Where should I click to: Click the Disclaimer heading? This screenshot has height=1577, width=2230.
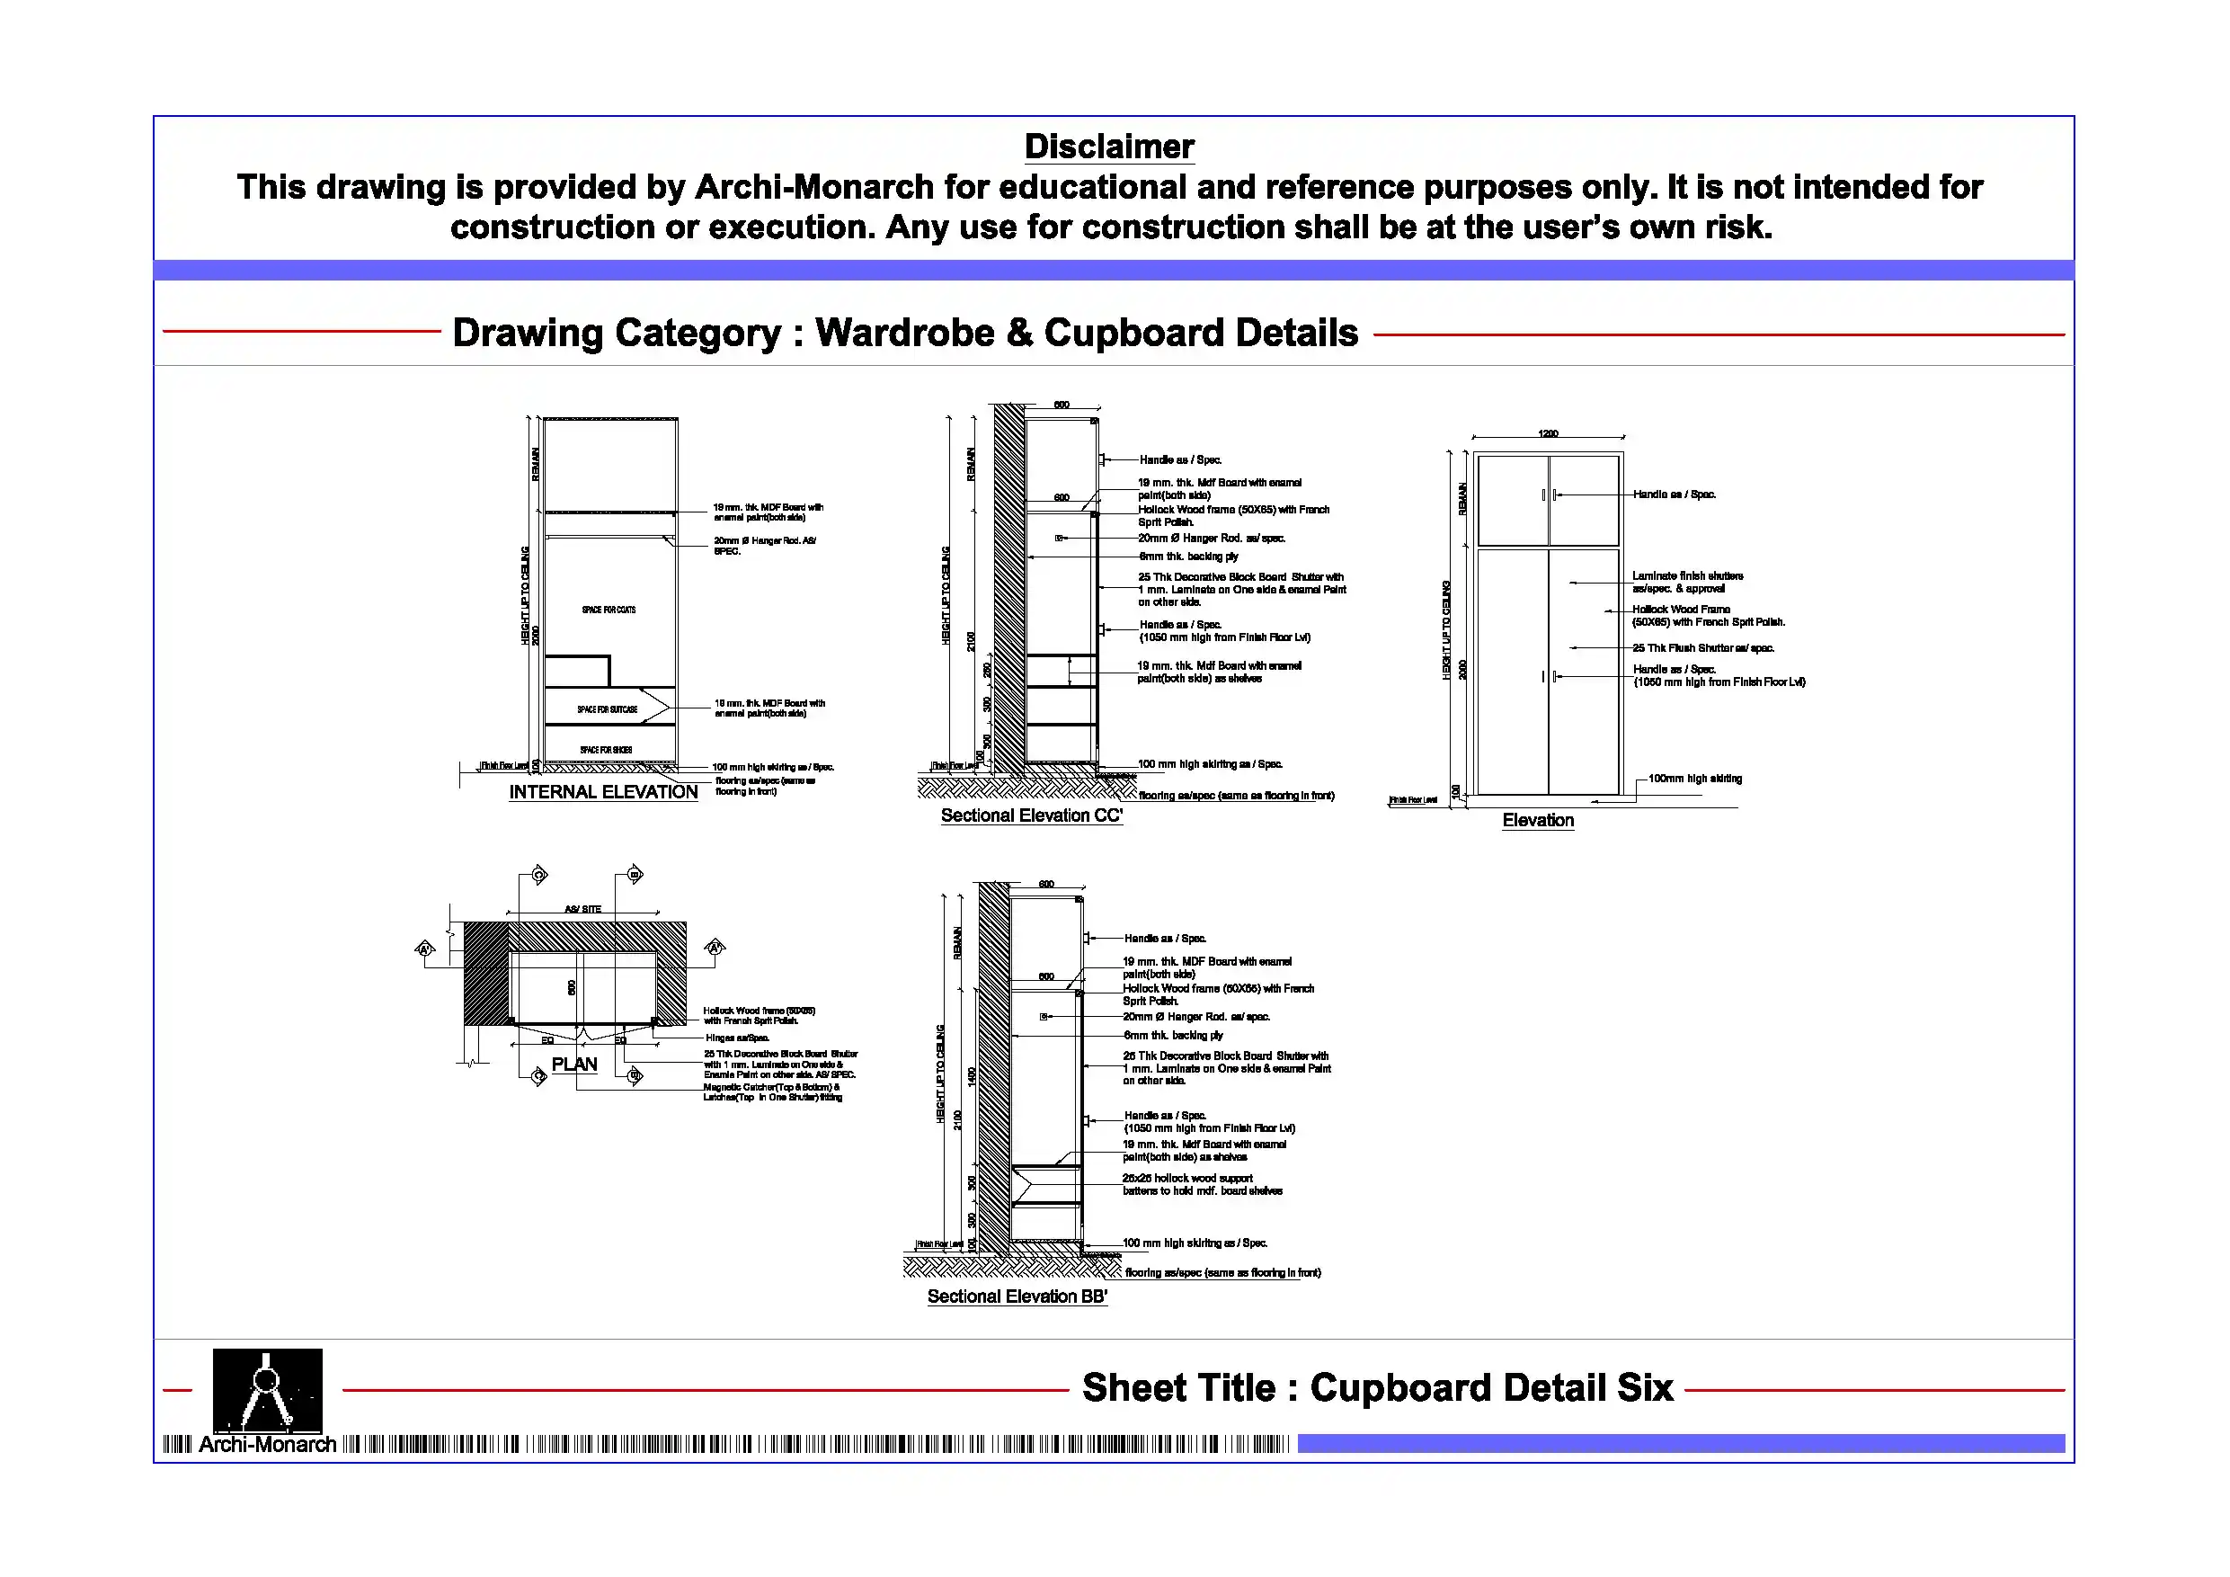[x=1109, y=147]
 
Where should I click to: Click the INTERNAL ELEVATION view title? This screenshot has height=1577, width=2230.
[x=603, y=792]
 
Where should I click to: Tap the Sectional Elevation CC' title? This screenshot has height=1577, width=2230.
[x=1032, y=815]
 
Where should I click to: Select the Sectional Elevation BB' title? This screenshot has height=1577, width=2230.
[x=1017, y=1296]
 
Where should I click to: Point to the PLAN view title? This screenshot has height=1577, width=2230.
[x=574, y=1064]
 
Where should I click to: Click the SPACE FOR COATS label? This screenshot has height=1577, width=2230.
[x=609, y=610]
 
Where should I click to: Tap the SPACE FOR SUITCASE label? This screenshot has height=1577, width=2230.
[x=607, y=709]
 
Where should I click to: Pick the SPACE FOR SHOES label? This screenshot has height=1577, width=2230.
[x=606, y=750]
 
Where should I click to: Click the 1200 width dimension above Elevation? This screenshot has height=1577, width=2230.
[x=1548, y=433]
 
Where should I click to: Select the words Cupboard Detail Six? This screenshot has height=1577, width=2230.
[x=1491, y=1387]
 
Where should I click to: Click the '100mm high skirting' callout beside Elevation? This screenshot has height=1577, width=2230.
[x=1695, y=779]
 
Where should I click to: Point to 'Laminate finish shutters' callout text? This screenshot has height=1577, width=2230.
[x=1687, y=576]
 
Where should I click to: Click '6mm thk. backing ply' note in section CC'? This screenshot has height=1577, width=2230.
[x=1189, y=557]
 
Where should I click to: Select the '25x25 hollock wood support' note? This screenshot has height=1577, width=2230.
[x=1186, y=1179]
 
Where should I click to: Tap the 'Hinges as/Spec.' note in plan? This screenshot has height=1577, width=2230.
[x=736, y=1038]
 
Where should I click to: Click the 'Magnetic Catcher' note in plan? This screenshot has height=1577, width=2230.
[x=771, y=1087]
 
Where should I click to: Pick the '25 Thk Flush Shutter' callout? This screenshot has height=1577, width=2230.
[x=1702, y=648]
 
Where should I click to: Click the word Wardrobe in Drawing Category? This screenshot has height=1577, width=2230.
[x=904, y=334]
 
